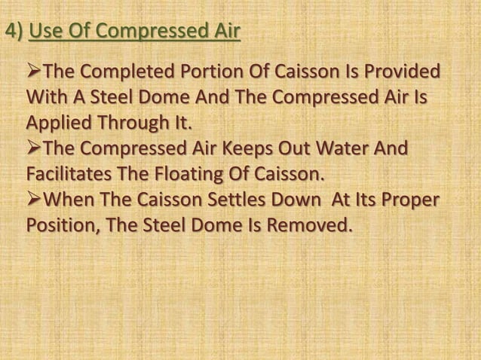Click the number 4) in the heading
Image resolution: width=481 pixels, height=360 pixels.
(14, 33)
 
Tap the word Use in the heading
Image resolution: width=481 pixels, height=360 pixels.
(46, 33)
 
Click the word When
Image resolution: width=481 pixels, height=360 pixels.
(78, 201)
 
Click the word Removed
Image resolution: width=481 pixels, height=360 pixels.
(312, 226)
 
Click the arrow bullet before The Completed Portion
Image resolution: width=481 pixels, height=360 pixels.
(35, 74)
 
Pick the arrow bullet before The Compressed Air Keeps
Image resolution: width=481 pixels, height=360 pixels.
(35, 151)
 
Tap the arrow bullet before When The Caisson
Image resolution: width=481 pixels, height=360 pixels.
(35, 201)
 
